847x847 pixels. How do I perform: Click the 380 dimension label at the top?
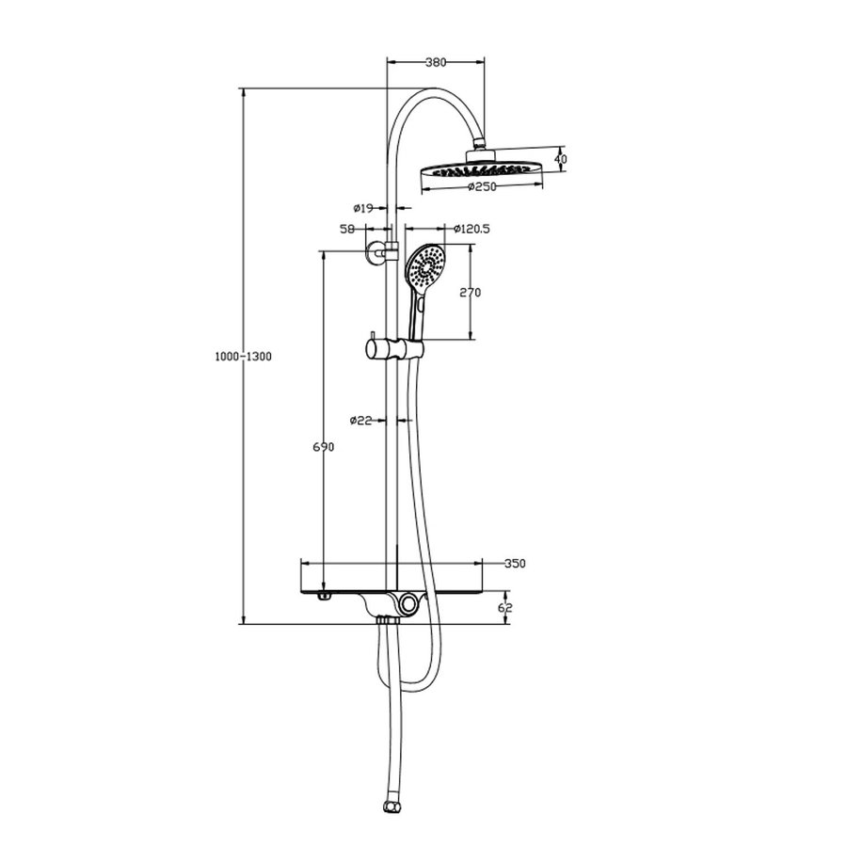coord(435,62)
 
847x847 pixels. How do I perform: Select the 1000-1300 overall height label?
coord(243,357)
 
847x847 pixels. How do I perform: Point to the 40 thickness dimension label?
coord(561,159)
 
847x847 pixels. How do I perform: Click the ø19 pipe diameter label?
coord(363,207)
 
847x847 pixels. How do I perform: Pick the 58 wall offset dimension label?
coord(346,229)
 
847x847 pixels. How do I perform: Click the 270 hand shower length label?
coord(471,293)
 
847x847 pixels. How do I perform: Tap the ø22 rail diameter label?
coord(362,421)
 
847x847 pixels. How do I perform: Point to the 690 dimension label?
coord(323,448)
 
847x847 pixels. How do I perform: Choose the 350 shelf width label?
coord(513,564)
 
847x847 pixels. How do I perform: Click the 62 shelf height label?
coord(505,608)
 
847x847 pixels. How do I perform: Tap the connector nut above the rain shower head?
coord(481,146)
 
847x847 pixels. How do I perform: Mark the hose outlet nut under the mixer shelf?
coord(385,622)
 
